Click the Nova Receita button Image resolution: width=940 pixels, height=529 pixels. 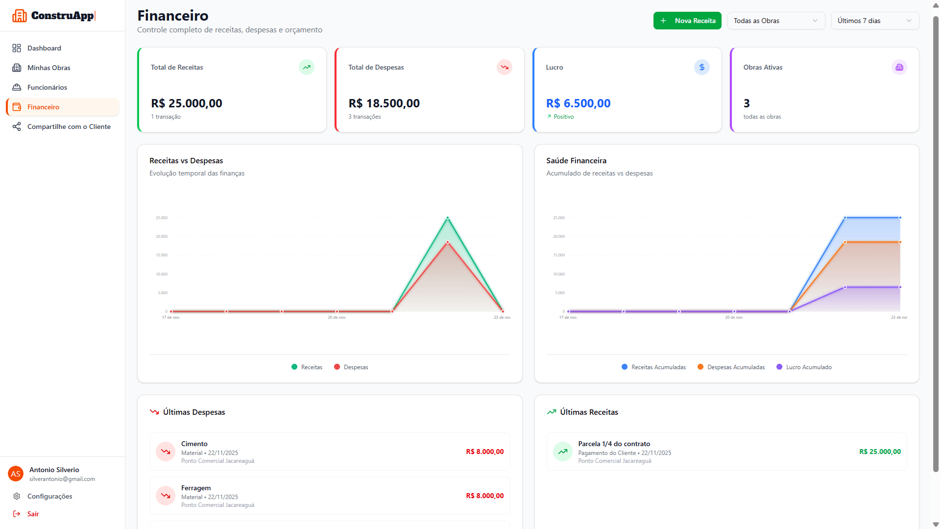[687, 21]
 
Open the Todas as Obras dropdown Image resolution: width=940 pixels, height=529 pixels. [775, 21]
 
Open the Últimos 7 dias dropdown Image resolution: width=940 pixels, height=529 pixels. [874, 21]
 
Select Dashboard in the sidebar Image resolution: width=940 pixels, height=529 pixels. [44, 48]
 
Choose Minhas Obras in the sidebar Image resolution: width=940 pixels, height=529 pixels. [48, 68]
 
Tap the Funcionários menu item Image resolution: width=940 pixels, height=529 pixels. [47, 87]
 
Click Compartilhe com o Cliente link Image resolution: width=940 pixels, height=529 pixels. [69, 126]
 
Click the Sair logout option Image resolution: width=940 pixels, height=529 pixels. [33, 514]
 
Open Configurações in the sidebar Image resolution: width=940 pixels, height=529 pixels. [49, 496]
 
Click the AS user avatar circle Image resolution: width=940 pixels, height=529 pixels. [16, 474]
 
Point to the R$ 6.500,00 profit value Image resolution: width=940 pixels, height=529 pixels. [578, 103]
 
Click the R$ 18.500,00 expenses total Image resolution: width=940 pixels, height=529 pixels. [384, 103]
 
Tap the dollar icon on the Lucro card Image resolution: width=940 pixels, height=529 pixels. [701, 67]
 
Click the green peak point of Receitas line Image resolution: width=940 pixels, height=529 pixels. [447, 218]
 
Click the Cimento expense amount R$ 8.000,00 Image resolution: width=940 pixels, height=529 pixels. [484, 452]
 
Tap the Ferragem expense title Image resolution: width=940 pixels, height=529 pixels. [196, 488]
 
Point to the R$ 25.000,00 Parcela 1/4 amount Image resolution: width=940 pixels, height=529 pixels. [880, 452]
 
